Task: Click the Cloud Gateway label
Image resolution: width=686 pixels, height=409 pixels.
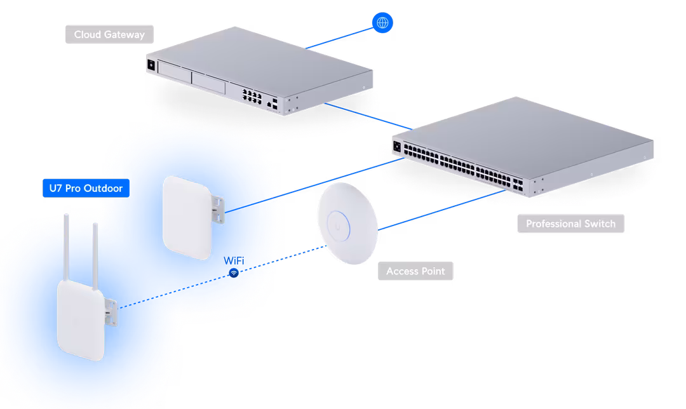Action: click(x=109, y=34)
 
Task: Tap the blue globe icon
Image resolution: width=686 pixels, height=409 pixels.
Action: click(x=382, y=23)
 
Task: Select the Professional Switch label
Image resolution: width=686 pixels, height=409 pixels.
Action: click(x=570, y=224)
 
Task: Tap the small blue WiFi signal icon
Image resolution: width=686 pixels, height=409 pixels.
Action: click(x=234, y=273)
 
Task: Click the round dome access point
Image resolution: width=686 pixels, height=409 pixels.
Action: click(x=347, y=223)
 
